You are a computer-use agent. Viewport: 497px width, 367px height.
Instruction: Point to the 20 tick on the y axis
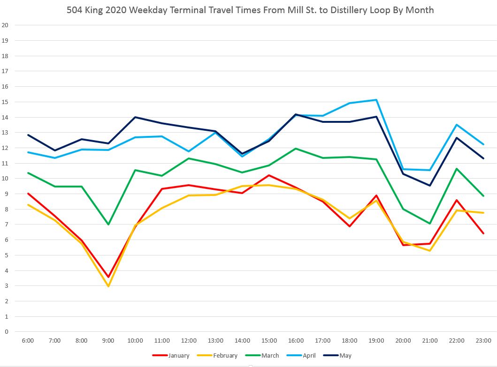pyautogui.click(x=6, y=25)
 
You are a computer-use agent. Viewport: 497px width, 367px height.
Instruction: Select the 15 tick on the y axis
pyautogui.click(x=6, y=102)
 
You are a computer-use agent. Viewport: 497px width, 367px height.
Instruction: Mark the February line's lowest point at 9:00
pyautogui.click(x=108, y=286)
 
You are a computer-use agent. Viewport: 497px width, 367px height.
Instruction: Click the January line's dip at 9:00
pyautogui.click(x=108, y=277)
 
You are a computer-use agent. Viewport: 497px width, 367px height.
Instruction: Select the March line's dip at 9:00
pyautogui.click(x=108, y=225)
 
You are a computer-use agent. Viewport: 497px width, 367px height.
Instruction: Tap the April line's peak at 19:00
pyautogui.click(x=376, y=100)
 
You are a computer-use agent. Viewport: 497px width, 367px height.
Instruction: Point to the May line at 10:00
pyautogui.click(x=135, y=117)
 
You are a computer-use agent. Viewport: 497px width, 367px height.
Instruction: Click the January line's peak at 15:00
pyautogui.click(x=269, y=175)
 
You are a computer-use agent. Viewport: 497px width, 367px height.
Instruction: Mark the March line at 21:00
pyautogui.click(x=430, y=224)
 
